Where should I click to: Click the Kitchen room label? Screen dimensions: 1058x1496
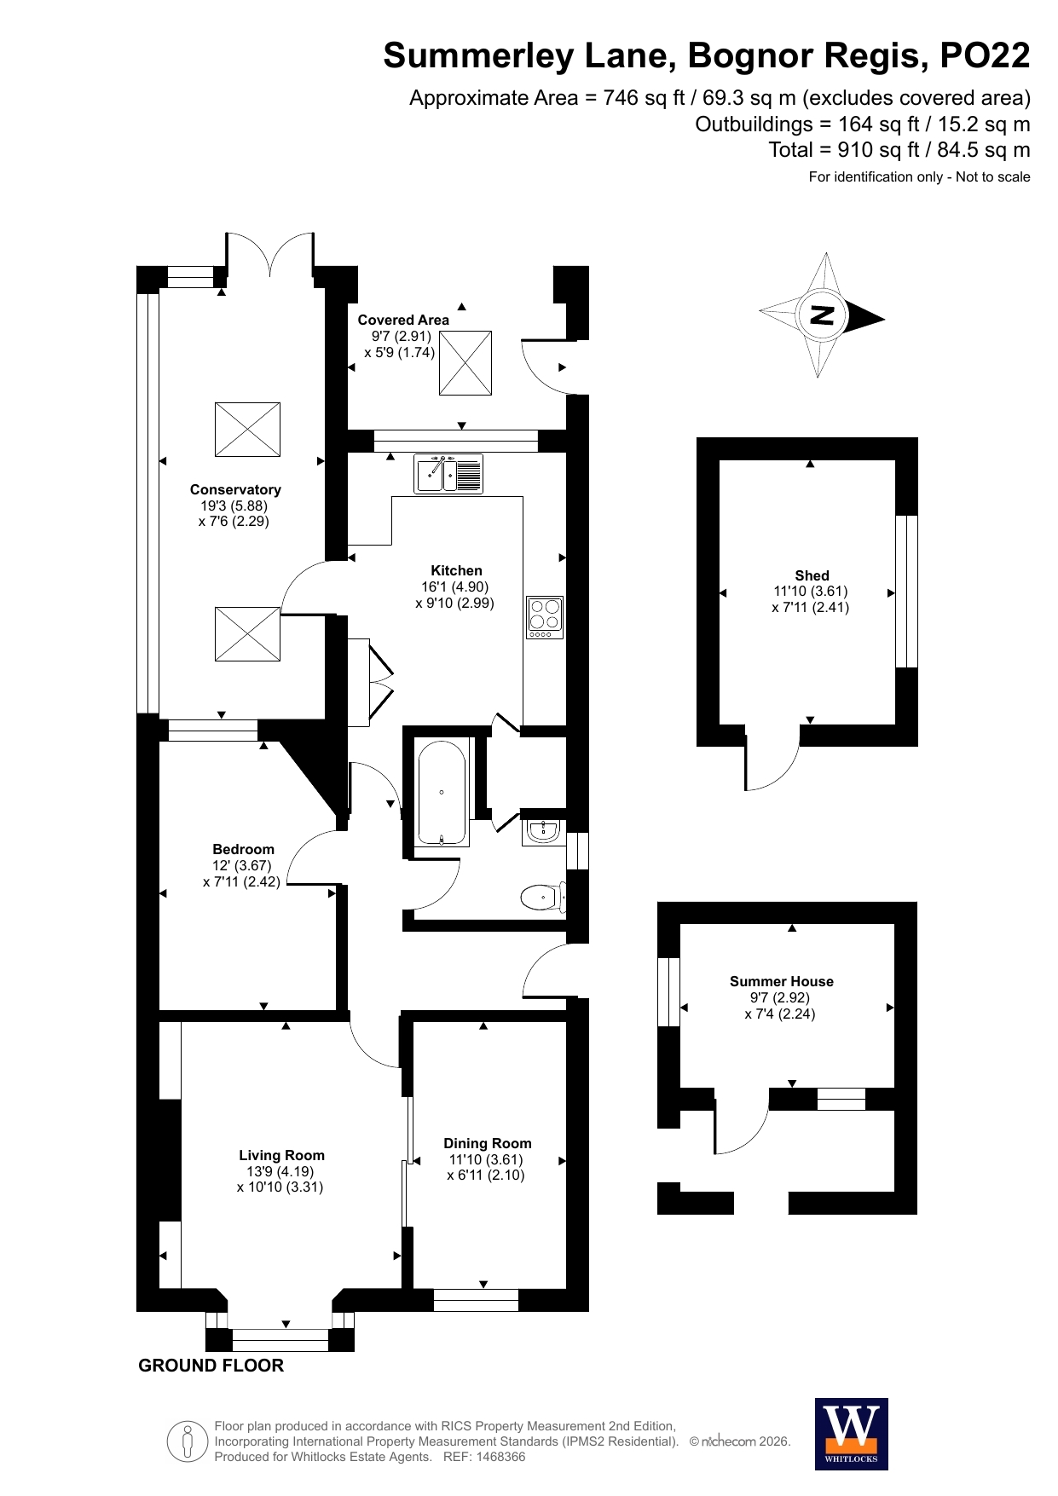click(456, 570)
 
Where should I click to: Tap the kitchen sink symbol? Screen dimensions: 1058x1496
click(448, 473)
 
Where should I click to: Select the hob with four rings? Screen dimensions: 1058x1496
click(545, 617)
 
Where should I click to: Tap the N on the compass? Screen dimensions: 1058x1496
click(822, 315)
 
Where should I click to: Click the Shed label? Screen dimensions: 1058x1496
click(812, 575)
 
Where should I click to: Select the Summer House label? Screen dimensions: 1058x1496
click(782, 981)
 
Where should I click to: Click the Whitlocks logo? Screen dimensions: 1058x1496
click(852, 1434)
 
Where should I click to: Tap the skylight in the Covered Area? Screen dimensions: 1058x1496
click(465, 363)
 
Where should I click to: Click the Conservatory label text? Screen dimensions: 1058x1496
click(235, 489)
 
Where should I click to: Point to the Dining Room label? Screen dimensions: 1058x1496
click(488, 1143)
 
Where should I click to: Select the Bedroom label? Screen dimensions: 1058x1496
click(244, 849)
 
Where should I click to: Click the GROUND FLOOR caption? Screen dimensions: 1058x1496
click(211, 1366)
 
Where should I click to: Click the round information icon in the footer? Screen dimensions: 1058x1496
click(188, 1441)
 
